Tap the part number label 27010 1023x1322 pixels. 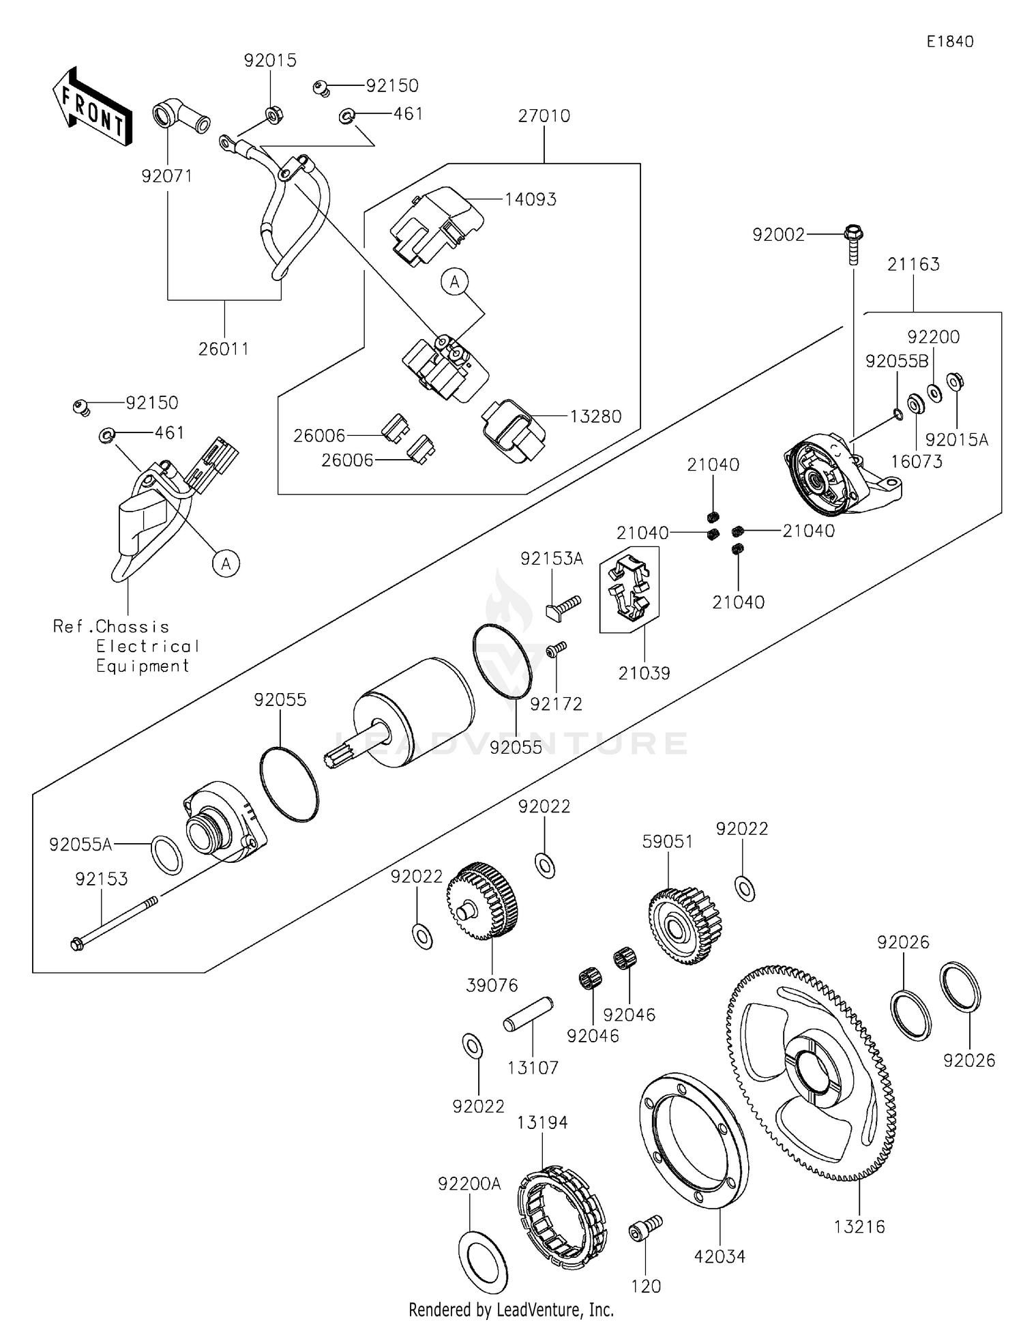[544, 116]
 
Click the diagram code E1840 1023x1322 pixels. [949, 42]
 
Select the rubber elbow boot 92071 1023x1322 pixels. [179, 116]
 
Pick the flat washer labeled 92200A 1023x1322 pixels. [483, 1261]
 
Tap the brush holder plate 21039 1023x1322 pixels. [629, 587]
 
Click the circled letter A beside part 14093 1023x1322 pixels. [455, 281]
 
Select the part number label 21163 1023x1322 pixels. [913, 265]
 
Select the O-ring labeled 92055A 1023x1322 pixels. [166, 853]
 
